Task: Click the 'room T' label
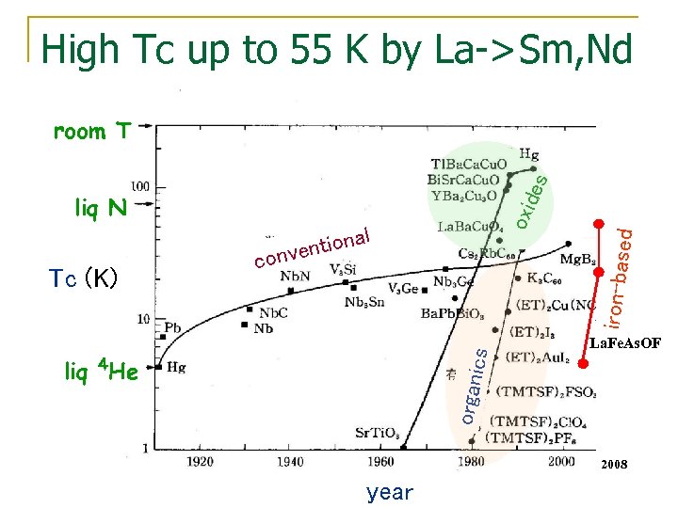[91, 132]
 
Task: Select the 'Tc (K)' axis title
[83, 278]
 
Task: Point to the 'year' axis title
[390, 492]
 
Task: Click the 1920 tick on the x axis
[199, 463]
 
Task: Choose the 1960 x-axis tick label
[379, 463]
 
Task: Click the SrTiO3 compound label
[378, 434]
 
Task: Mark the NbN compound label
[295, 277]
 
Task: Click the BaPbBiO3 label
[453, 314]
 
